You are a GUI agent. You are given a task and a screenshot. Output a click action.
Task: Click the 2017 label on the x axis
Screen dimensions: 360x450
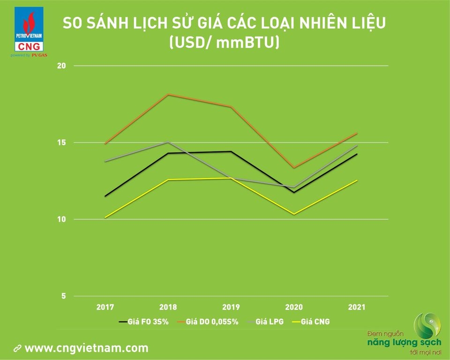(x=105, y=307)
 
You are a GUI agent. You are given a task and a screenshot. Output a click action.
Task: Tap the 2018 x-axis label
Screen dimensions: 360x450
(x=168, y=307)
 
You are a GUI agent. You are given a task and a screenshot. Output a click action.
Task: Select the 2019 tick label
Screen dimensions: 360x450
(x=231, y=307)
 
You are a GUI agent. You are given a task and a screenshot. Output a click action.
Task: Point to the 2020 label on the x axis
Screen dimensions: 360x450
(x=294, y=307)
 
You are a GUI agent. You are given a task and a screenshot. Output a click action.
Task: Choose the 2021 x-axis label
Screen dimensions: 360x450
(x=357, y=307)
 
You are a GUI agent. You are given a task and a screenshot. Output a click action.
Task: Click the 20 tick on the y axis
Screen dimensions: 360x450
(x=62, y=66)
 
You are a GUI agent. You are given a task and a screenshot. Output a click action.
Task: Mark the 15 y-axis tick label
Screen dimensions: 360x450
(x=62, y=142)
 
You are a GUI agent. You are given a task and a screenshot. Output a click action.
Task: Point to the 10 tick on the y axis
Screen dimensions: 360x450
(x=62, y=219)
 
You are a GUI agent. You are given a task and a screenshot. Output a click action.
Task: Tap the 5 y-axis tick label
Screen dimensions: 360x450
(x=63, y=296)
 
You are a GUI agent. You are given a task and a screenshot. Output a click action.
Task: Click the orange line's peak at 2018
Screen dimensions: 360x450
(x=168, y=94)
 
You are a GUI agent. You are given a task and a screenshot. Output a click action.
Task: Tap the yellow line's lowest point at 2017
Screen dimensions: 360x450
(x=105, y=217)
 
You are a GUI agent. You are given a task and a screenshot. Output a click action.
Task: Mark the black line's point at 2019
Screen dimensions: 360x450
(x=231, y=151)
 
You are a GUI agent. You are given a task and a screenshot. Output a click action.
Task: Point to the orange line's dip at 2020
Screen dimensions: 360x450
(x=294, y=168)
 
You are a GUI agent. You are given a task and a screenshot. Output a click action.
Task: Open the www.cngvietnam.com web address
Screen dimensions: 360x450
(x=86, y=348)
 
